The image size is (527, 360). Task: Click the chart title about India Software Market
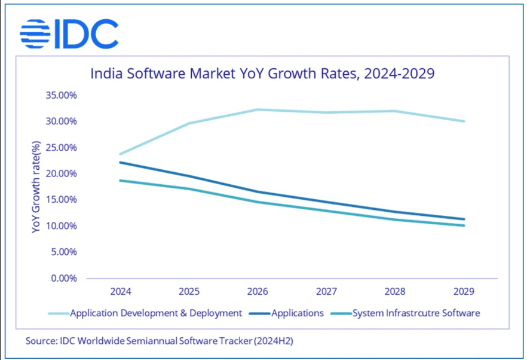[262, 74]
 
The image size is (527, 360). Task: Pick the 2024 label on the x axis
[121, 292]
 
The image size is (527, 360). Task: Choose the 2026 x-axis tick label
[258, 292]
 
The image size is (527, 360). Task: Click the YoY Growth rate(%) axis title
[36, 187]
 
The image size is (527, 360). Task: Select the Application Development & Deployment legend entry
[156, 313]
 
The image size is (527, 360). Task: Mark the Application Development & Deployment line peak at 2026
[258, 109]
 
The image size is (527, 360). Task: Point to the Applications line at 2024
[121, 162]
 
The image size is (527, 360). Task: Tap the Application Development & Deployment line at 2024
[121, 154]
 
